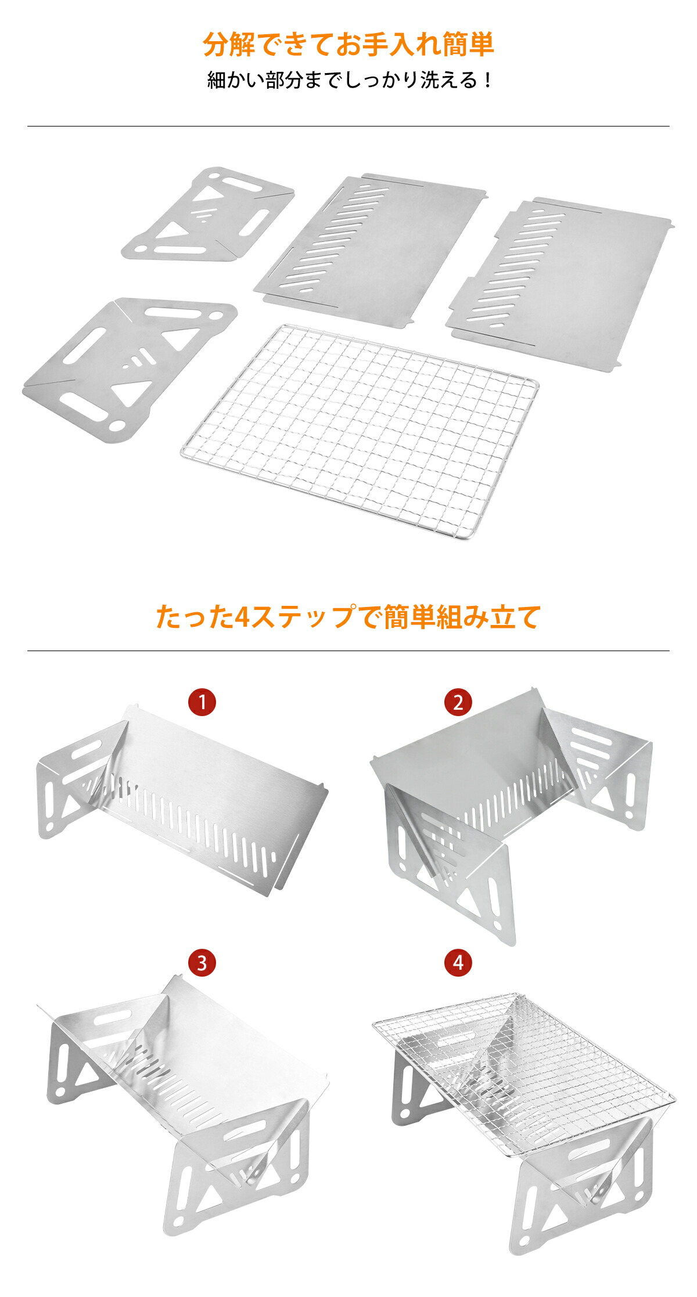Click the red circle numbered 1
coord(202,702)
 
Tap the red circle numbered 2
coord(458,702)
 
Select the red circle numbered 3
coord(202,963)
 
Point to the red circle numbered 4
coord(458,963)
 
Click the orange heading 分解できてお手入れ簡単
coord(348,45)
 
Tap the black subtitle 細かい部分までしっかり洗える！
coord(348,80)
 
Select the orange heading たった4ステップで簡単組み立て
coord(348,616)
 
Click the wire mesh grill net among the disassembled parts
coord(360,431)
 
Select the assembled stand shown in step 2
coord(511,812)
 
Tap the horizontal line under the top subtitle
coord(348,126)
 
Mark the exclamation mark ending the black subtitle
coord(487,80)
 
